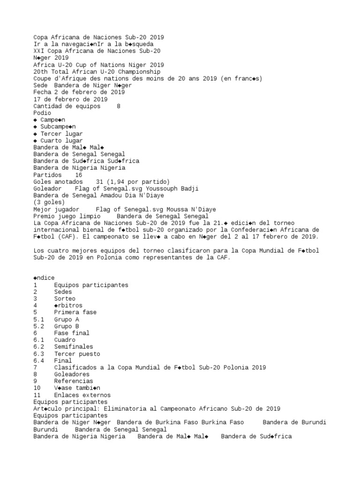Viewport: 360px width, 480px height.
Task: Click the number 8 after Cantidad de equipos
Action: [119, 106]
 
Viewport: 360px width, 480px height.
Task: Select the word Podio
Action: [42, 113]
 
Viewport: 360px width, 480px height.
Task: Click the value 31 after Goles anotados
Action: [99, 181]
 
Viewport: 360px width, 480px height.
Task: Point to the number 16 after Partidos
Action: [78, 175]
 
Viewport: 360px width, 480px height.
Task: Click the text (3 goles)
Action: [49, 202]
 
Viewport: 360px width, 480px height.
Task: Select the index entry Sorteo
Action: [65, 299]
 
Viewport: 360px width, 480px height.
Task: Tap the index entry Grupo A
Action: [67, 319]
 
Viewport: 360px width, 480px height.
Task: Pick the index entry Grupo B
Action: [67, 326]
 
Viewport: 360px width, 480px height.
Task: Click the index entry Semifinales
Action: [73, 347]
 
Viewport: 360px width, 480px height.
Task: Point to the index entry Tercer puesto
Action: [77, 354]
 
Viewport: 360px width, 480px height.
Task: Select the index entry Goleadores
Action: [72, 375]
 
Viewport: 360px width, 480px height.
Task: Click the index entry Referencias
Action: [73, 382]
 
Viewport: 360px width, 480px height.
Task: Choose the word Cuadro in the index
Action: [65, 340]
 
